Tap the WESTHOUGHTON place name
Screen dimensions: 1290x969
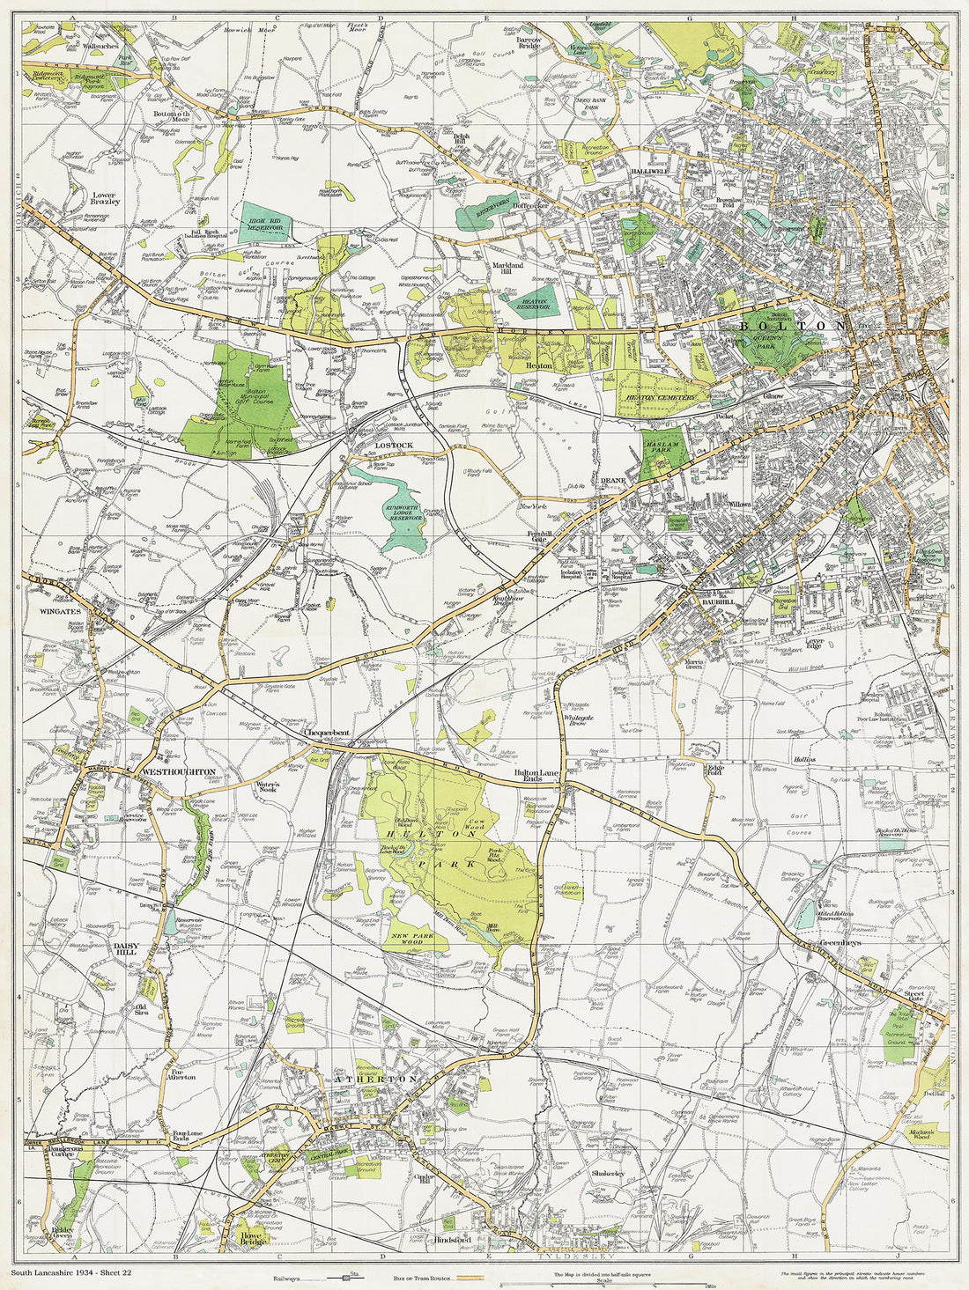tap(179, 771)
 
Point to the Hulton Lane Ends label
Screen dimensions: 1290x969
tap(537, 776)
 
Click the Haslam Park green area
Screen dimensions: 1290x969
tap(662, 453)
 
